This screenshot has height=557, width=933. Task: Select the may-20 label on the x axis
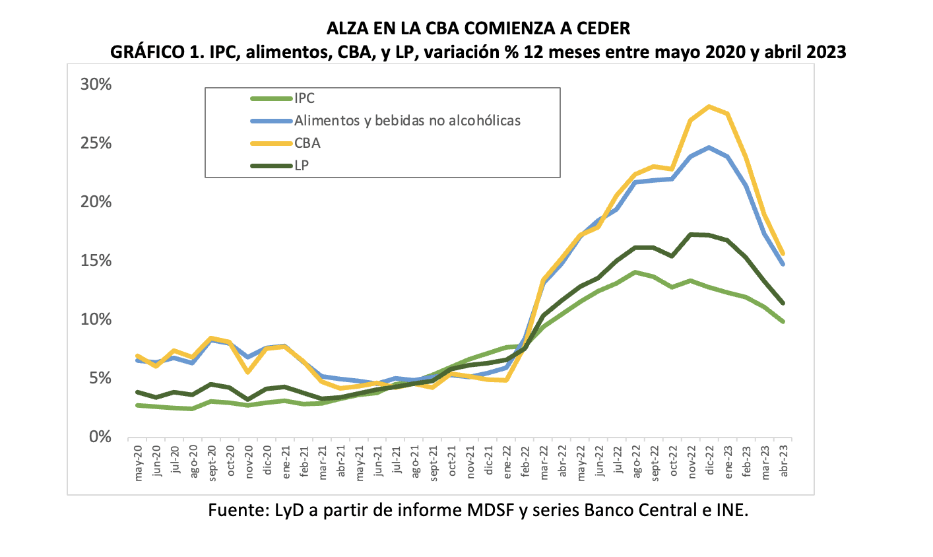click(x=138, y=461)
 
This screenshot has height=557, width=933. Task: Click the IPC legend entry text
click(x=304, y=98)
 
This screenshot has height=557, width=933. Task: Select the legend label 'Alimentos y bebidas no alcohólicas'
click(x=407, y=121)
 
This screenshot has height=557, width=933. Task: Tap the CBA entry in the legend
click(x=307, y=143)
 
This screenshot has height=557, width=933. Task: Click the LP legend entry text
click(x=302, y=165)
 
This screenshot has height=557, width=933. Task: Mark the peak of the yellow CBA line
click(x=709, y=106)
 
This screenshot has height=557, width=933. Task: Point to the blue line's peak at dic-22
click(x=709, y=147)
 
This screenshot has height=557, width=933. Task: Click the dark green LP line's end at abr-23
click(x=783, y=303)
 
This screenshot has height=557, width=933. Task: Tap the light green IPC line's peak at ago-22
click(x=635, y=272)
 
